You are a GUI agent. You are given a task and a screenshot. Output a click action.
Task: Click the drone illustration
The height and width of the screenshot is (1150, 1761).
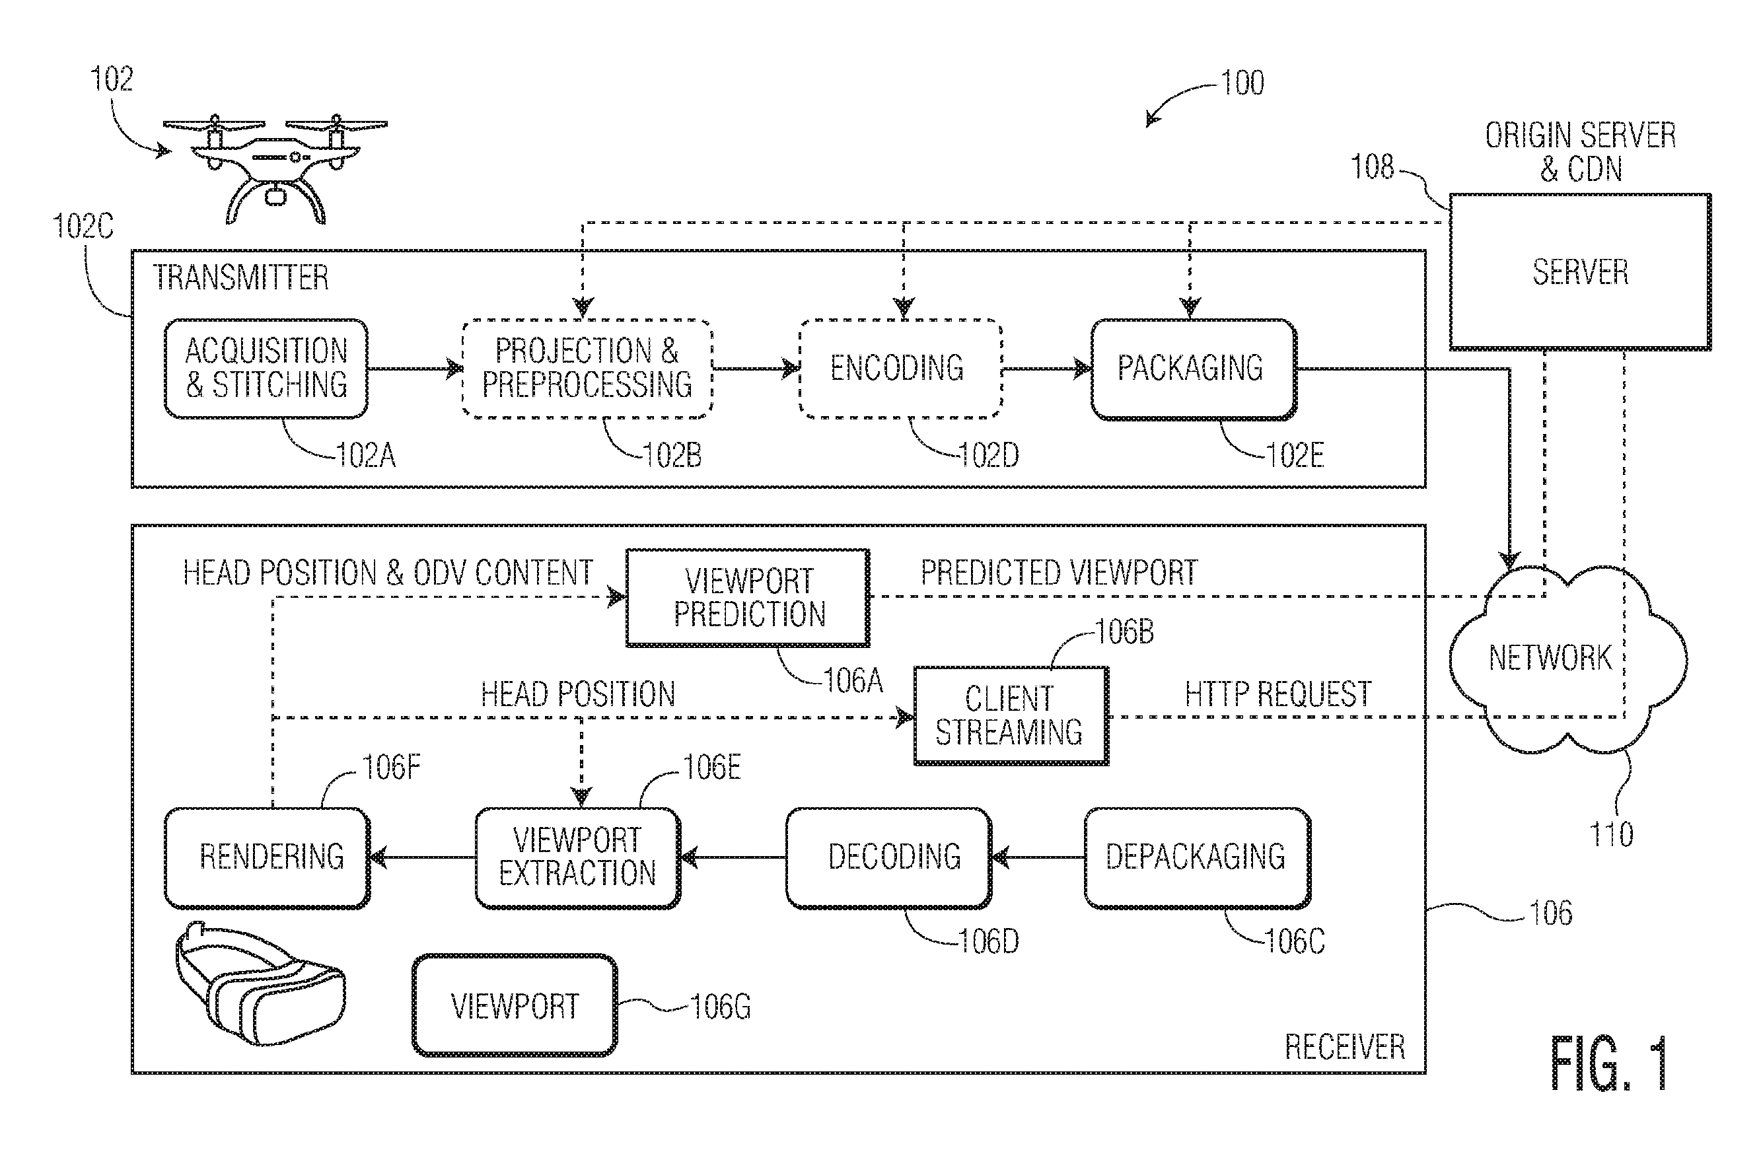coord(275,168)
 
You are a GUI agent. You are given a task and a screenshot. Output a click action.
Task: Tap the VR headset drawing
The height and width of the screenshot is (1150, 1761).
coord(260,985)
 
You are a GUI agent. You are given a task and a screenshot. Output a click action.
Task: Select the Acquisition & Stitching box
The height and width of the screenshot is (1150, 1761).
coord(266,369)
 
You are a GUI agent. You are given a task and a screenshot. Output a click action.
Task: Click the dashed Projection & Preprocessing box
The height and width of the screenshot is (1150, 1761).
coord(587,369)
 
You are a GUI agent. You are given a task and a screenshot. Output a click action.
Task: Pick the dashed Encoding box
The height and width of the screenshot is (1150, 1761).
coord(900,369)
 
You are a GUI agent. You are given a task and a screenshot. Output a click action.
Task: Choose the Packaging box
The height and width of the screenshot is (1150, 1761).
coord(1194,369)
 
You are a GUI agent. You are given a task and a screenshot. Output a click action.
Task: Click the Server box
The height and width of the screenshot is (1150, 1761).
coord(1580,271)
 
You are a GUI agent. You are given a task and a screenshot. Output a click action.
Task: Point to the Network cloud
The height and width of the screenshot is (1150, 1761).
coord(1567,659)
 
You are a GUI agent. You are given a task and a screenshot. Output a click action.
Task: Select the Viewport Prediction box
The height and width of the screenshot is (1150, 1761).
coord(748,597)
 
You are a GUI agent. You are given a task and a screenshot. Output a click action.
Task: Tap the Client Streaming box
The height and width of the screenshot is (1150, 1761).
coord(1011,715)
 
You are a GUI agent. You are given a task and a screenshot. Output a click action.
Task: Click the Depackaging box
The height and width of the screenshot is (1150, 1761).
coord(1197,857)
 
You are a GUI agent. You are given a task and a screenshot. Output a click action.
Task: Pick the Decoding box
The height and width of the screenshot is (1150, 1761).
coord(888,857)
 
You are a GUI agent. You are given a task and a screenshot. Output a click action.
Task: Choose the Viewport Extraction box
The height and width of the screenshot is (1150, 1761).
coord(577,857)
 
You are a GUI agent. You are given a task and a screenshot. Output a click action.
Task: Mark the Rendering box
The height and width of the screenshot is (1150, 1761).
coord(266,857)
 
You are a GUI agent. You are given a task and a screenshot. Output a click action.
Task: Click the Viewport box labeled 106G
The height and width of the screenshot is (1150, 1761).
coord(515,1005)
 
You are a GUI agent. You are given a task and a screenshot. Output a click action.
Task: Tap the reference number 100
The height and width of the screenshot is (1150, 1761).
coord(1242,83)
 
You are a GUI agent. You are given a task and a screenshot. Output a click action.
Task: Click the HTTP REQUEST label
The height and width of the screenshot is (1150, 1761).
coord(1278,694)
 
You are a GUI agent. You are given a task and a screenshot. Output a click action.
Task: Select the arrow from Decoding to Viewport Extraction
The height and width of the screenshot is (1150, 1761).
coord(733,857)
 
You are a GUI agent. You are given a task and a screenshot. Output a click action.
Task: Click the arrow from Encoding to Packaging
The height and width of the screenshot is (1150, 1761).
coord(1047,368)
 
